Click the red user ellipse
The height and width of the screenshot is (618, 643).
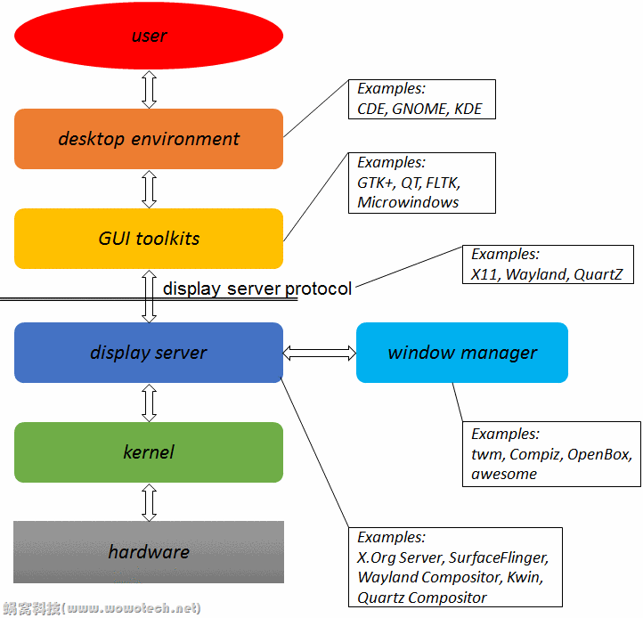(149, 37)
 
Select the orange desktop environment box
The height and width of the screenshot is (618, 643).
(149, 139)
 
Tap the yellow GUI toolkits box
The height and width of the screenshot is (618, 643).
(149, 239)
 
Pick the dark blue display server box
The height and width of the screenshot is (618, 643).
(149, 353)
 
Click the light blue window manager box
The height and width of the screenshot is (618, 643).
(461, 353)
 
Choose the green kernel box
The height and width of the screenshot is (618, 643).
(149, 452)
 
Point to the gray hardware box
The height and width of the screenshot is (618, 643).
(149, 552)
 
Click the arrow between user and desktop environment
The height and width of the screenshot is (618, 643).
(149, 89)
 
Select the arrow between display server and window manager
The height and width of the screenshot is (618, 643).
(320, 354)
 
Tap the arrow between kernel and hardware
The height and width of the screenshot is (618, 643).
(149, 502)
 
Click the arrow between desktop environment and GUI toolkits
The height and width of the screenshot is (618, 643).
(149, 189)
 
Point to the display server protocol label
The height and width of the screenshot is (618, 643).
(257, 289)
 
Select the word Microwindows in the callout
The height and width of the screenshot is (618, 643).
(408, 202)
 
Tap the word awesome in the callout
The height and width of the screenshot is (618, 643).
(504, 474)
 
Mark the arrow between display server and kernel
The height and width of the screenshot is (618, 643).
(149, 403)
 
